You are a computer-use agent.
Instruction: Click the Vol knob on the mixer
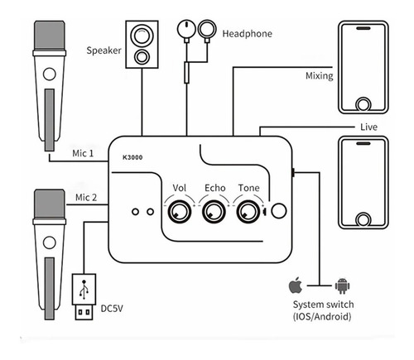[x=180, y=212]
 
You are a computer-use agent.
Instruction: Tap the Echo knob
[x=214, y=212]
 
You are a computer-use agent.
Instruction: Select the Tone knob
[x=248, y=212]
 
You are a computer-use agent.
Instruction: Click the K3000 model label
[x=132, y=157]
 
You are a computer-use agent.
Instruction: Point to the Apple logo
[x=296, y=285]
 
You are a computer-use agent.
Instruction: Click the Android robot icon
[x=342, y=286]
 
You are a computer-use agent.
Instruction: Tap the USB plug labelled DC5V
[x=84, y=297]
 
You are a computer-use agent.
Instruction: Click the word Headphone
[x=248, y=34]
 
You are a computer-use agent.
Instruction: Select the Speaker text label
[x=103, y=50]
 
